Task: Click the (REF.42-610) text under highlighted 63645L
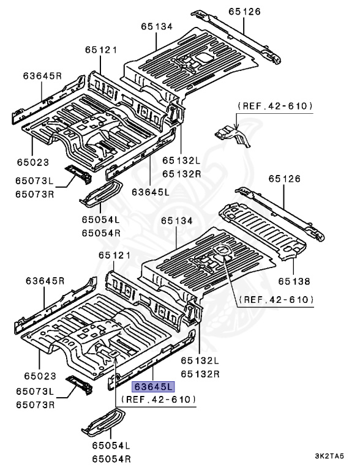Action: [159, 399]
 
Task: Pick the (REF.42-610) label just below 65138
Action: [276, 299]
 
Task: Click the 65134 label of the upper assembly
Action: [157, 26]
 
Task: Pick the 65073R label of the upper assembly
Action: [35, 193]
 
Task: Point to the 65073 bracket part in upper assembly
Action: [78, 173]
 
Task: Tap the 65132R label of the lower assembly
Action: [198, 373]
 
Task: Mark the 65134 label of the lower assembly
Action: [178, 221]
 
